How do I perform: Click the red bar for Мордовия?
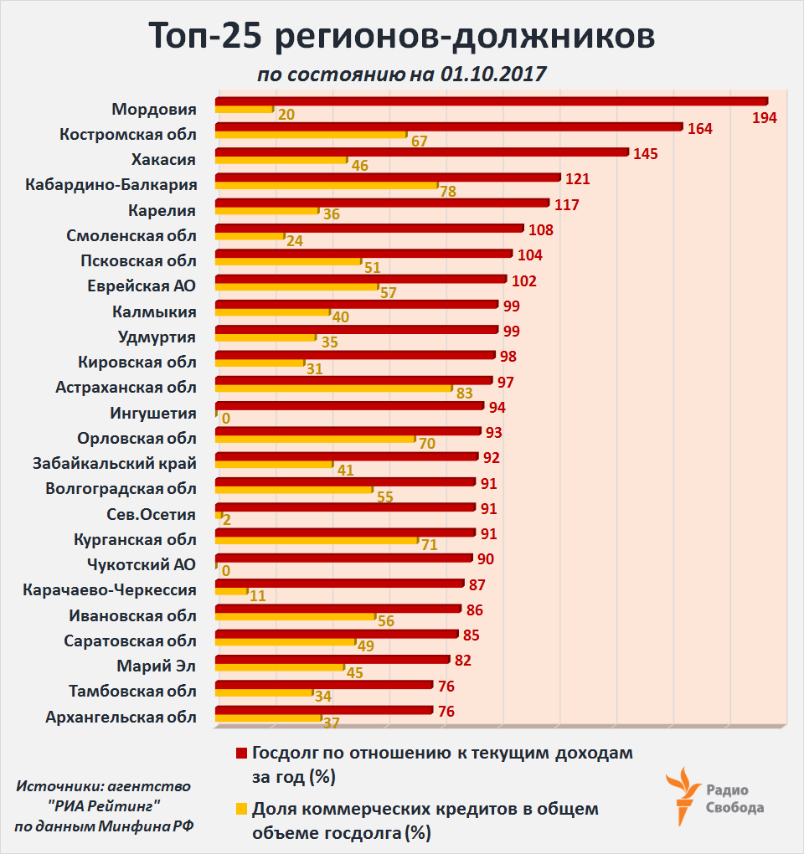pyautogui.click(x=492, y=101)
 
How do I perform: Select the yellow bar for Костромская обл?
pyautogui.click(x=311, y=135)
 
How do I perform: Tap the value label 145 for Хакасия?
pyautogui.click(x=645, y=154)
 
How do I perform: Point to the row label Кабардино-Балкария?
pyautogui.click(x=111, y=185)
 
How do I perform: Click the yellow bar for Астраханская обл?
pyautogui.click(x=333, y=388)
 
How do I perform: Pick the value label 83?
pyautogui.click(x=466, y=394)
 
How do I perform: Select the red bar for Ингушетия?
pyautogui.click(x=349, y=406)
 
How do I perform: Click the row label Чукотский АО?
pyautogui.click(x=142, y=564)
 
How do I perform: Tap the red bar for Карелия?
pyautogui.click(x=382, y=203)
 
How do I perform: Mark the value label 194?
pyautogui.click(x=764, y=117)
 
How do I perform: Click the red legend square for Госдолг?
pyautogui.click(x=242, y=752)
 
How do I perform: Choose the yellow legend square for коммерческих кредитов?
pyautogui.click(x=242, y=809)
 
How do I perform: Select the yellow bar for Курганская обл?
pyautogui.click(x=317, y=540)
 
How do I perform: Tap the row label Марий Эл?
pyautogui.click(x=157, y=666)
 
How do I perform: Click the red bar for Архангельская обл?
pyautogui.click(x=324, y=710)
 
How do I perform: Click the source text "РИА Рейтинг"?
pyautogui.click(x=104, y=805)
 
